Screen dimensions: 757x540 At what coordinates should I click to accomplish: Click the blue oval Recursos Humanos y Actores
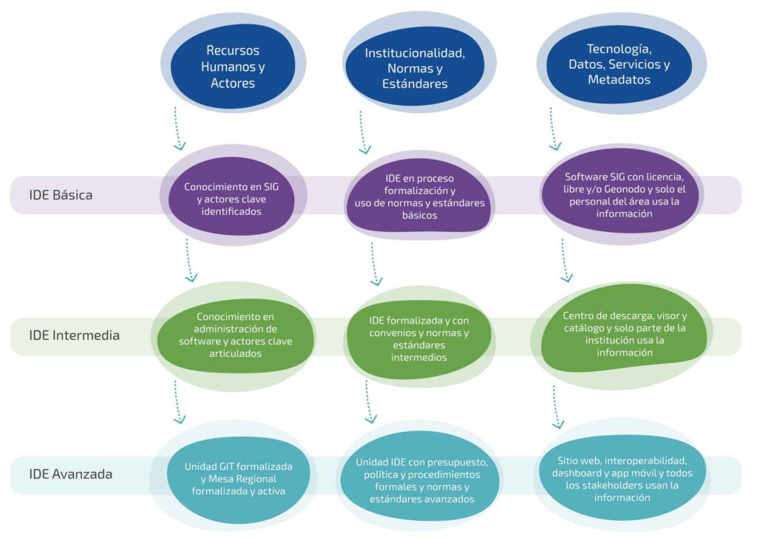click(233, 66)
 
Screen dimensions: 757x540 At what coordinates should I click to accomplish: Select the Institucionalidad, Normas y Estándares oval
click(415, 68)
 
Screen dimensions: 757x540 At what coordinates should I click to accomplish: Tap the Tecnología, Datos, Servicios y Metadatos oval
click(619, 64)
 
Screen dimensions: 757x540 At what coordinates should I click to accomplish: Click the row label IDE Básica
click(61, 195)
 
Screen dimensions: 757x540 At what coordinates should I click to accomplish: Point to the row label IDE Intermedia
click(75, 335)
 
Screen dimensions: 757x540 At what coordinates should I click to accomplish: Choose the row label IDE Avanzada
click(70, 474)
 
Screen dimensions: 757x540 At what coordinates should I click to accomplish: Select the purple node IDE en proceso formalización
click(419, 196)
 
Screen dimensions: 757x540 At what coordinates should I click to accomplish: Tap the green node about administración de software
click(236, 335)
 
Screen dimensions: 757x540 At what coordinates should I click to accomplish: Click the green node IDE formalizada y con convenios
click(419, 339)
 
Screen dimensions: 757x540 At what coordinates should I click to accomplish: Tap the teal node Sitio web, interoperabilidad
click(622, 478)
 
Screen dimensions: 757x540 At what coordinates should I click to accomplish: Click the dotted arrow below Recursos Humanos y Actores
click(177, 129)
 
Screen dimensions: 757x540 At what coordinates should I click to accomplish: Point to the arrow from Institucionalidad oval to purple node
click(362, 132)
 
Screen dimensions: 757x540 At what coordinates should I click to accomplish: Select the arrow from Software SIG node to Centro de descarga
click(565, 261)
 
